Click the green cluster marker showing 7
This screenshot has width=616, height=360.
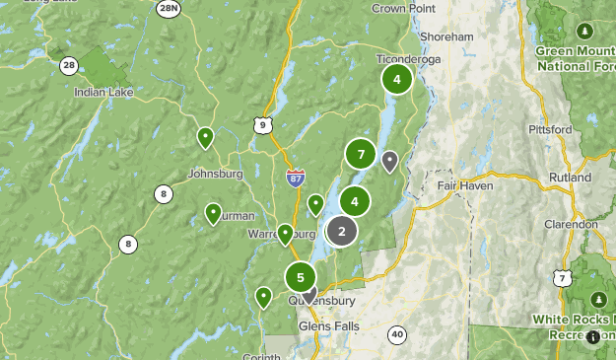click(x=362, y=154)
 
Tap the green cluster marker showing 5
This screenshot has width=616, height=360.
click(x=301, y=277)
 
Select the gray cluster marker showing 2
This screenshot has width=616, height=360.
click(x=341, y=231)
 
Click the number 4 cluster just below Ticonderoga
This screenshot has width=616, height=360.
click(x=396, y=79)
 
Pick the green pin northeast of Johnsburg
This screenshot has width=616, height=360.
click(x=205, y=136)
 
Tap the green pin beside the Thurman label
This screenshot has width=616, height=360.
click(x=213, y=212)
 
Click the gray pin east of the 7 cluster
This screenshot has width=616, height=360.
click(x=390, y=160)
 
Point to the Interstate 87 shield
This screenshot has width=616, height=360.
click(x=295, y=178)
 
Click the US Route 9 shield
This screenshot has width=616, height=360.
click(x=260, y=124)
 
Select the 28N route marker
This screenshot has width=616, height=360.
click(x=169, y=8)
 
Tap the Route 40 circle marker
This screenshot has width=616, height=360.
click(x=396, y=334)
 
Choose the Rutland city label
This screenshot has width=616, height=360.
click(x=571, y=178)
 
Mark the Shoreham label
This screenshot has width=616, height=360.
click(x=446, y=36)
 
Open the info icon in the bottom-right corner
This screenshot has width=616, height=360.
click(x=592, y=337)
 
